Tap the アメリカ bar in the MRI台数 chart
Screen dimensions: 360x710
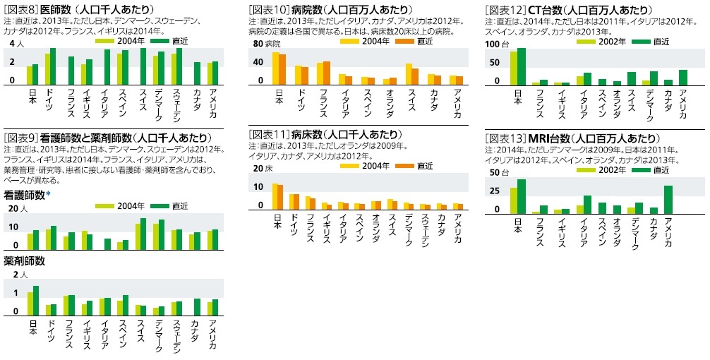668,200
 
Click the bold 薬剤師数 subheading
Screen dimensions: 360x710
25,261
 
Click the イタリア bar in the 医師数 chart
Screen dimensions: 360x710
107,66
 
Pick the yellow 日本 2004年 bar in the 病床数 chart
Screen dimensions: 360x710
275,197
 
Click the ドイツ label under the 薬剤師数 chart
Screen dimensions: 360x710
52,332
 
